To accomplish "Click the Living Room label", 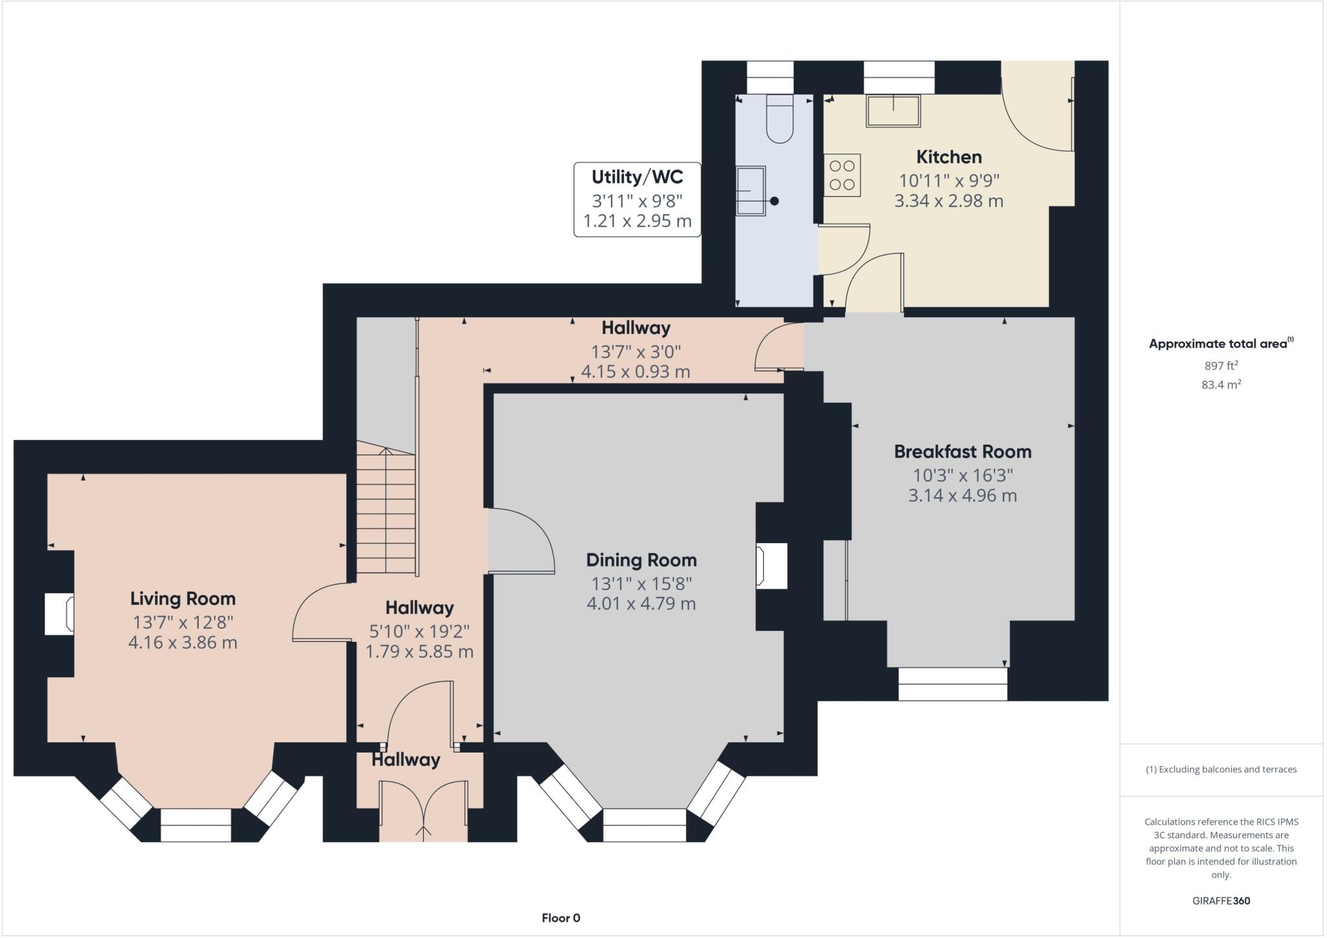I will point(183,598).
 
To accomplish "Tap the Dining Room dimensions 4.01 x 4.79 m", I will point(641,604).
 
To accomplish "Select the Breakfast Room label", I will point(962,452).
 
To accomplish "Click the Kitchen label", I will point(949,157).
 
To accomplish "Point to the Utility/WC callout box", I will point(637,199).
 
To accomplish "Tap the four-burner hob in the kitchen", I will point(842,175).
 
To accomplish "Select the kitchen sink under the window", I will point(894,111).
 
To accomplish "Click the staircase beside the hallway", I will point(386,512).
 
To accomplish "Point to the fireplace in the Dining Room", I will point(771,566).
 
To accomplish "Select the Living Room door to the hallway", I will point(321,613).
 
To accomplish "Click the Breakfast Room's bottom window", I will point(952,684).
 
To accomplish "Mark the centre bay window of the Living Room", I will point(196,825).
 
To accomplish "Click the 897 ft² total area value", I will point(1221,366).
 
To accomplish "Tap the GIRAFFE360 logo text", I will point(1221,900).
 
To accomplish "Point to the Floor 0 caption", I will point(560,918).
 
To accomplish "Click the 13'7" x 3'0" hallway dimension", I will point(636,352).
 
